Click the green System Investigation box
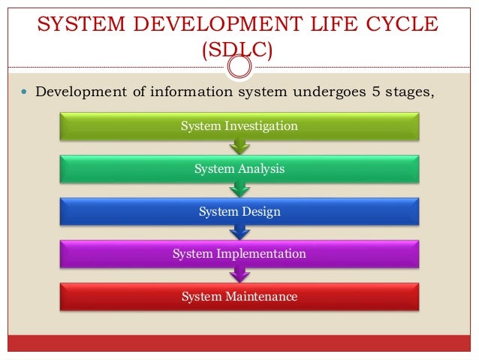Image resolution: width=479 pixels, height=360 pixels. [239, 126]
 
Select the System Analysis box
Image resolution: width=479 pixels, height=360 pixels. [239, 169]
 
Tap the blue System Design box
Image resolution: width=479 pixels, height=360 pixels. [239, 212]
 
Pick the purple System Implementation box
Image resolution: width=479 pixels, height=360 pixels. [239, 254]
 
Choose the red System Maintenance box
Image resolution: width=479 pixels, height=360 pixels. [239, 297]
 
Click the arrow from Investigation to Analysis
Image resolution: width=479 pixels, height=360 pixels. [239, 148]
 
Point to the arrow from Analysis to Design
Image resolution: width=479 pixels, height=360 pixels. [239, 191]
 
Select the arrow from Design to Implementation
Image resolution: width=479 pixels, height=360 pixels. [239, 234]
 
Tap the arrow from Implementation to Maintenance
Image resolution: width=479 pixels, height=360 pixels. [239, 276]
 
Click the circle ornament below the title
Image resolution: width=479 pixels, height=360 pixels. [239, 67]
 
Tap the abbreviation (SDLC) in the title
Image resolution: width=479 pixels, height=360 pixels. [239, 51]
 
